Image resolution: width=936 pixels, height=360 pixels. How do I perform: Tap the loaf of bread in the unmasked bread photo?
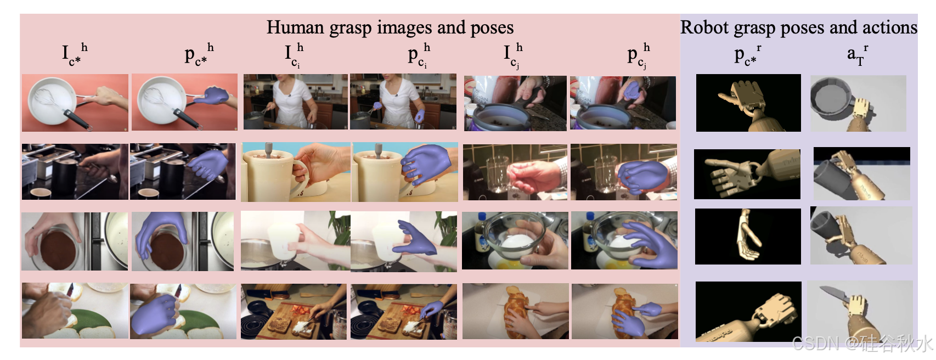pyautogui.click(x=516, y=312)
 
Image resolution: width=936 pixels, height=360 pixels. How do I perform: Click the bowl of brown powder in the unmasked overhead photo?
pyautogui.click(x=59, y=249)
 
